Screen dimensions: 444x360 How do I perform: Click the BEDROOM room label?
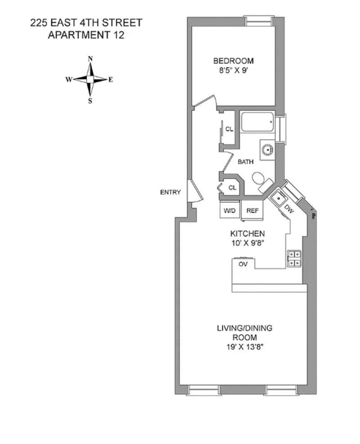[233, 61]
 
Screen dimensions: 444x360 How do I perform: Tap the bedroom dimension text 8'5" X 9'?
[233, 70]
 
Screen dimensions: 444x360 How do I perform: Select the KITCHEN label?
[247, 233]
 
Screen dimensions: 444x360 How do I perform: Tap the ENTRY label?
[171, 193]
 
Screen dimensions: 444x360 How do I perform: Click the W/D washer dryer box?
[229, 210]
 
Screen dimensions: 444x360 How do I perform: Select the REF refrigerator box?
[252, 210]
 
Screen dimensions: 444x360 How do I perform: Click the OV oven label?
[243, 264]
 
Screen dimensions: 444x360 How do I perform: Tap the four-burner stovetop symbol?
[294, 258]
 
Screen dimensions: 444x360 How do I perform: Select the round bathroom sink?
[267, 149]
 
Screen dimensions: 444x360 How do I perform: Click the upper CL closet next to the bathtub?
[229, 129]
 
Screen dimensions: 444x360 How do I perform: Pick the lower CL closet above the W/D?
[232, 188]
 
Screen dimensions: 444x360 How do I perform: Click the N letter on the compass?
[90, 59]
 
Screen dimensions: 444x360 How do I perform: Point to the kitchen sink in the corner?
[279, 196]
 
